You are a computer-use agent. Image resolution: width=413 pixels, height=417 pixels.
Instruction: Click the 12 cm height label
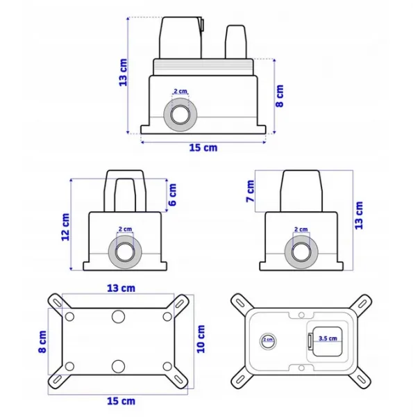pos(65,227)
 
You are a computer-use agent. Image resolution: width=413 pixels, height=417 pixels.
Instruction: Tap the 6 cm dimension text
pos(172,195)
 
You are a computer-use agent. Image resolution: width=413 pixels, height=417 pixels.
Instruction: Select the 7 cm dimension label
pos(250,191)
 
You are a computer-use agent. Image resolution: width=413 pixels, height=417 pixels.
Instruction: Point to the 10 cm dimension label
pos(201,339)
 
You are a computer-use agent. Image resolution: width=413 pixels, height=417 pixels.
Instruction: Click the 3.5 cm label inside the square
pos(328,338)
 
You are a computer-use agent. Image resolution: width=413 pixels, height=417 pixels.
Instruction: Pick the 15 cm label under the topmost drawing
pos(203,147)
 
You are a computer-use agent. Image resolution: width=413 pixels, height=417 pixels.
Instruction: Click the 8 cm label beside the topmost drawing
pos(280,96)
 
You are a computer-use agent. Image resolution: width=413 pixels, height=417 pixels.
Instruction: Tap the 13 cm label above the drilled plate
pos(121,288)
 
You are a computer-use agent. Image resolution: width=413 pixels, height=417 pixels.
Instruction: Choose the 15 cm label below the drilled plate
pos(121,401)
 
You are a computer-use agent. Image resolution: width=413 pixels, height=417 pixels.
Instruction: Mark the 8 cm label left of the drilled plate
pos(42,342)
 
